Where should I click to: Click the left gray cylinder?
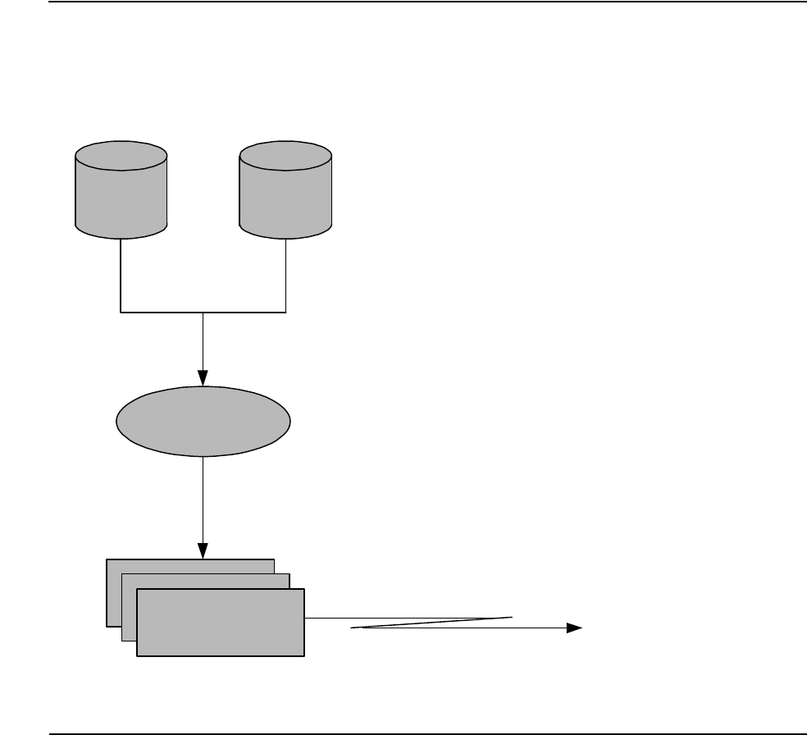pos(121,197)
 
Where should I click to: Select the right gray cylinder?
pos(285,197)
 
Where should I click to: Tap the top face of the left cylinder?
pos(121,154)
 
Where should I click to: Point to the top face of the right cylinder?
pos(285,154)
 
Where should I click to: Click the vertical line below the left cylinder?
pos(121,275)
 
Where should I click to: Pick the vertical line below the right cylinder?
pos(285,275)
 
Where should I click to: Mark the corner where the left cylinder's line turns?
pos(121,312)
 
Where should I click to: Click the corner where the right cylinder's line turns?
pos(285,312)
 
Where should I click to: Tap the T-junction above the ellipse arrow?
pos(203,312)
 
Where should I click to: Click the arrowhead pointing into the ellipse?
pos(203,379)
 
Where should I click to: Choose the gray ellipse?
pos(203,421)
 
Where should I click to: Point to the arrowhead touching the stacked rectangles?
pos(203,551)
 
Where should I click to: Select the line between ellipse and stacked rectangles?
pos(203,500)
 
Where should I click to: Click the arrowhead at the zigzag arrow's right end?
pos(573,628)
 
